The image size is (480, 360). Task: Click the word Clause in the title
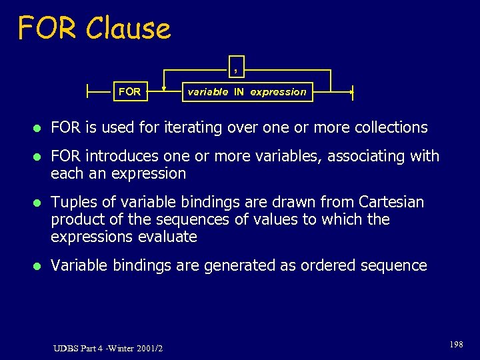click(x=128, y=28)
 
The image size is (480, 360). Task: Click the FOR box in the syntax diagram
click(x=129, y=92)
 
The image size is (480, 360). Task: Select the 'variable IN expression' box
click(x=247, y=92)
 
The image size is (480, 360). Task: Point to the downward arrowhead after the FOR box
click(x=164, y=86)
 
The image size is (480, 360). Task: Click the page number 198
click(x=456, y=344)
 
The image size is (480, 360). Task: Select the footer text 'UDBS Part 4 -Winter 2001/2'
click(x=109, y=347)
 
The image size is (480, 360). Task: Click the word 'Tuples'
click(x=72, y=202)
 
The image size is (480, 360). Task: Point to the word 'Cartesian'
click(x=391, y=201)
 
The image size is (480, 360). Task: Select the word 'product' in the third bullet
click(x=78, y=219)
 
